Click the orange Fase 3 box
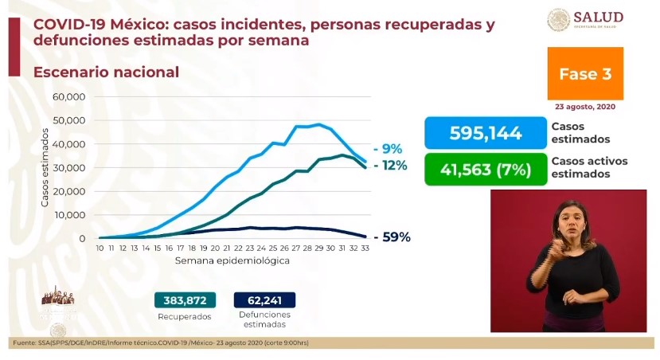(x=585, y=74)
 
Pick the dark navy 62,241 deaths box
(x=264, y=300)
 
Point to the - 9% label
(x=389, y=148)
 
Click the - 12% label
(x=390, y=166)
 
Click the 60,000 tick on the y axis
(x=69, y=96)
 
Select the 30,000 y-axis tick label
(x=69, y=167)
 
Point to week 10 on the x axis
(x=100, y=249)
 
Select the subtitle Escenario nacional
(x=106, y=72)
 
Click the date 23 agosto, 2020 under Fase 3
(x=585, y=107)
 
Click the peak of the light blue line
(x=318, y=124)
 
